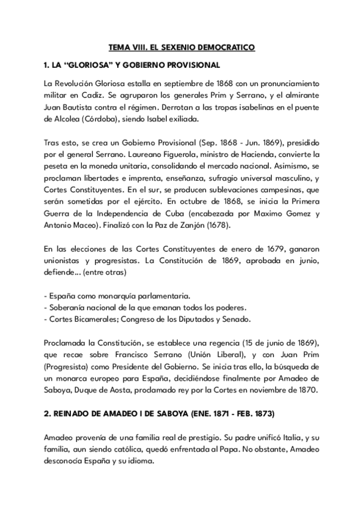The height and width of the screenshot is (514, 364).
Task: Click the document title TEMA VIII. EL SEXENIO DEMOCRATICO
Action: point(182,46)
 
